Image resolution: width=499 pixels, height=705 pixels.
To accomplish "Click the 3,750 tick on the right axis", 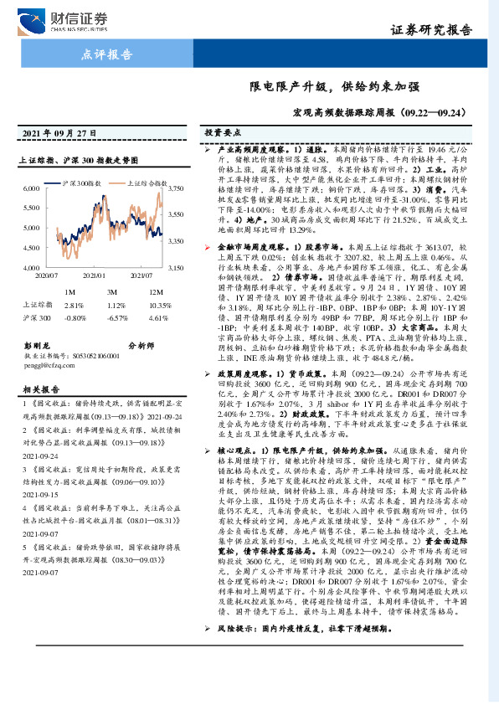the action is pyautogui.click(x=176, y=190).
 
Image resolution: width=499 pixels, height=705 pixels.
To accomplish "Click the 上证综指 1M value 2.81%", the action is pyautogui.click(x=75, y=305).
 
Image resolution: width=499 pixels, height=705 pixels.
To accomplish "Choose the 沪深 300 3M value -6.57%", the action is pyautogui.click(x=117, y=319).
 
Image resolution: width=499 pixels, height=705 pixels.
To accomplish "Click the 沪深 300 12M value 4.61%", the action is pyautogui.click(x=158, y=319).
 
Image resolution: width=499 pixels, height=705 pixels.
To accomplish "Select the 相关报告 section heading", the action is pyautogui.click(x=39, y=389).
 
